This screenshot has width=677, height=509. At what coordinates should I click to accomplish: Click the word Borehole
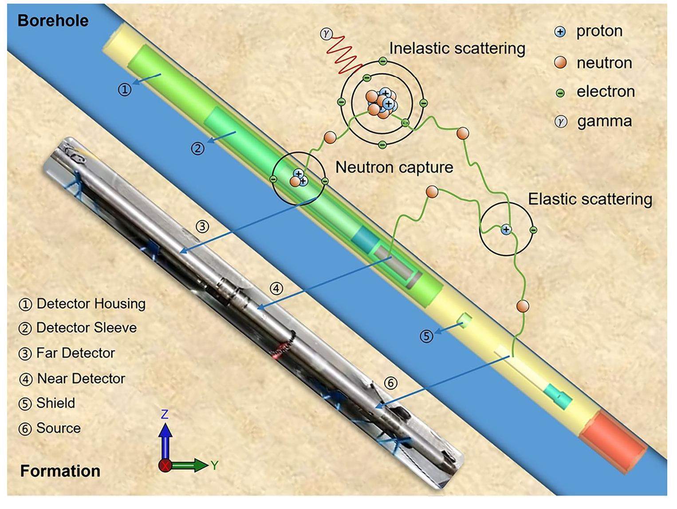pyautogui.click(x=53, y=21)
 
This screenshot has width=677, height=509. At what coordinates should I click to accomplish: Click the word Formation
pyautogui.click(x=60, y=471)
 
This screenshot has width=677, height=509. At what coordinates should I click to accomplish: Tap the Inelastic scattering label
pyautogui.click(x=457, y=48)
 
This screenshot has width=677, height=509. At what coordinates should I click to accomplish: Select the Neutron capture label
pyautogui.click(x=394, y=167)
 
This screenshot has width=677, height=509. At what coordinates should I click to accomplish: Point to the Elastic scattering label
pyautogui.click(x=590, y=199)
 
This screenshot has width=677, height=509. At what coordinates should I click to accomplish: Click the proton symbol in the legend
pyautogui.click(x=560, y=32)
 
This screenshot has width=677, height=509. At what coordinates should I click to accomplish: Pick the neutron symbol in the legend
pyautogui.click(x=561, y=63)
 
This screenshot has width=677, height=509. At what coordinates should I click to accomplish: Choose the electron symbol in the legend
pyautogui.click(x=560, y=92)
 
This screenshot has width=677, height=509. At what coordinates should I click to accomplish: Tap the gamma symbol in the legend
pyautogui.click(x=561, y=121)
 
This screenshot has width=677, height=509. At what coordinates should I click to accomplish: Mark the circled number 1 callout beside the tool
pyautogui.click(x=125, y=89)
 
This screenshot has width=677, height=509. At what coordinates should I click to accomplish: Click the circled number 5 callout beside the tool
pyautogui.click(x=426, y=336)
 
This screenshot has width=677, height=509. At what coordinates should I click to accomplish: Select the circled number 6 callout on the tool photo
pyautogui.click(x=390, y=382)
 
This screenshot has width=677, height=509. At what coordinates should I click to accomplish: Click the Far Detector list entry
pyautogui.click(x=75, y=353)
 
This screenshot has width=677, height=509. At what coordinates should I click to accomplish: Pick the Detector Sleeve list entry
pyautogui.click(x=86, y=328)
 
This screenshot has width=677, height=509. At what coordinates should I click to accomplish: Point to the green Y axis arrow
pyautogui.click(x=191, y=465)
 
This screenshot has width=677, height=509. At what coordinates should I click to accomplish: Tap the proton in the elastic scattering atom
pyautogui.click(x=506, y=230)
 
